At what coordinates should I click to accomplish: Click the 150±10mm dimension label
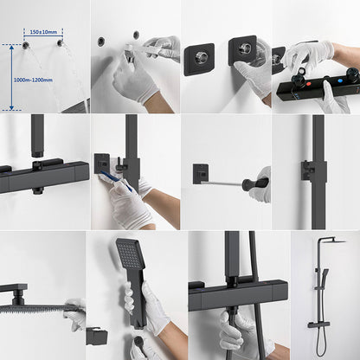(43, 32)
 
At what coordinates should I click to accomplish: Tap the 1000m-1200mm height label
(33, 80)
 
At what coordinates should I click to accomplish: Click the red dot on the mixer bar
(309, 84)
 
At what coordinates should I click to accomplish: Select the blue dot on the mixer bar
(341, 81)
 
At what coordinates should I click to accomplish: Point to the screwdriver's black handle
(255, 183)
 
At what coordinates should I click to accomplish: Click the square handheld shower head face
(128, 254)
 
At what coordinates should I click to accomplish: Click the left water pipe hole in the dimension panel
(25, 45)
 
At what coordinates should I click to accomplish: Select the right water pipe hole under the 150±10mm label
(60, 43)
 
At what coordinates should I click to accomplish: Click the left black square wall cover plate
(199, 59)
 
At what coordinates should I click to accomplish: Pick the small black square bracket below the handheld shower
(97, 337)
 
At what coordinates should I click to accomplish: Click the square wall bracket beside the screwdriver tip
(201, 174)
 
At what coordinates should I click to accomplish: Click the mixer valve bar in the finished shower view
(318, 325)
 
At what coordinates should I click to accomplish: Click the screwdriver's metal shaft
(222, 183)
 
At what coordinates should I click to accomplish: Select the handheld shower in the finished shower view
(324, 279)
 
